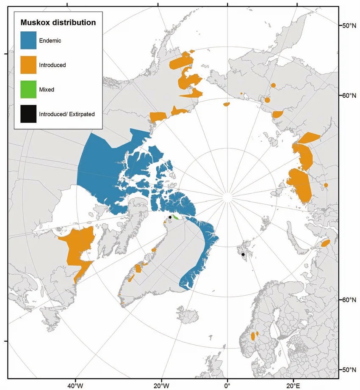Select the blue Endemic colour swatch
pyautogui.click(x=28, y=41)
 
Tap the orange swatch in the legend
pyautogui.click(x=28, y=65)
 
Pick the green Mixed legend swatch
pyautogui.click(x=28, y=89)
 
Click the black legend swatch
pyautogui.click(x=28, y=114)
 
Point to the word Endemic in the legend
pyautogui.click(x=50, y=41)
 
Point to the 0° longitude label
pyautogui.click(x=227, y=385)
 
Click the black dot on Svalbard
pyautogui.click(x=243, y=255)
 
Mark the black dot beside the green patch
pyautogui.click(x=170, y=217)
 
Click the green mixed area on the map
pyautogui.click(x=175, y=217)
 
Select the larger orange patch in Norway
pyautogui.click(x=253, y=336)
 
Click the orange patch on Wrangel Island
pyautogui.click(x=226, y=104)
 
